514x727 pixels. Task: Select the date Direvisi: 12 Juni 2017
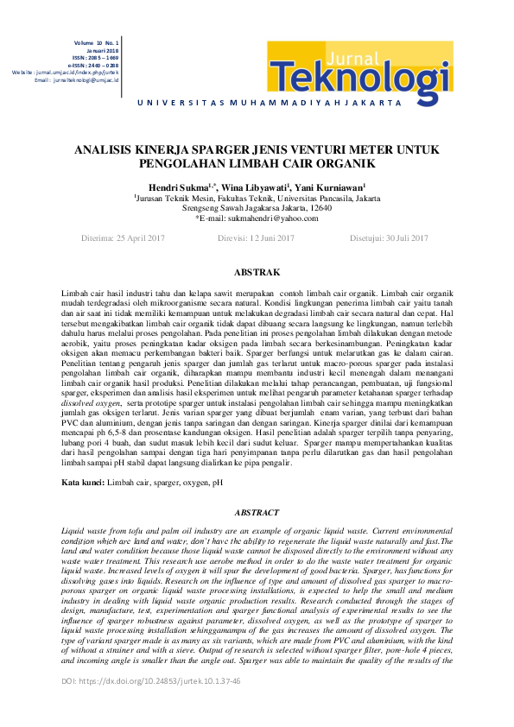point(257,237)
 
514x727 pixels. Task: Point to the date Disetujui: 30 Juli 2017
point(388,237)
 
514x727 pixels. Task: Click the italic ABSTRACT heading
point(257,512)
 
